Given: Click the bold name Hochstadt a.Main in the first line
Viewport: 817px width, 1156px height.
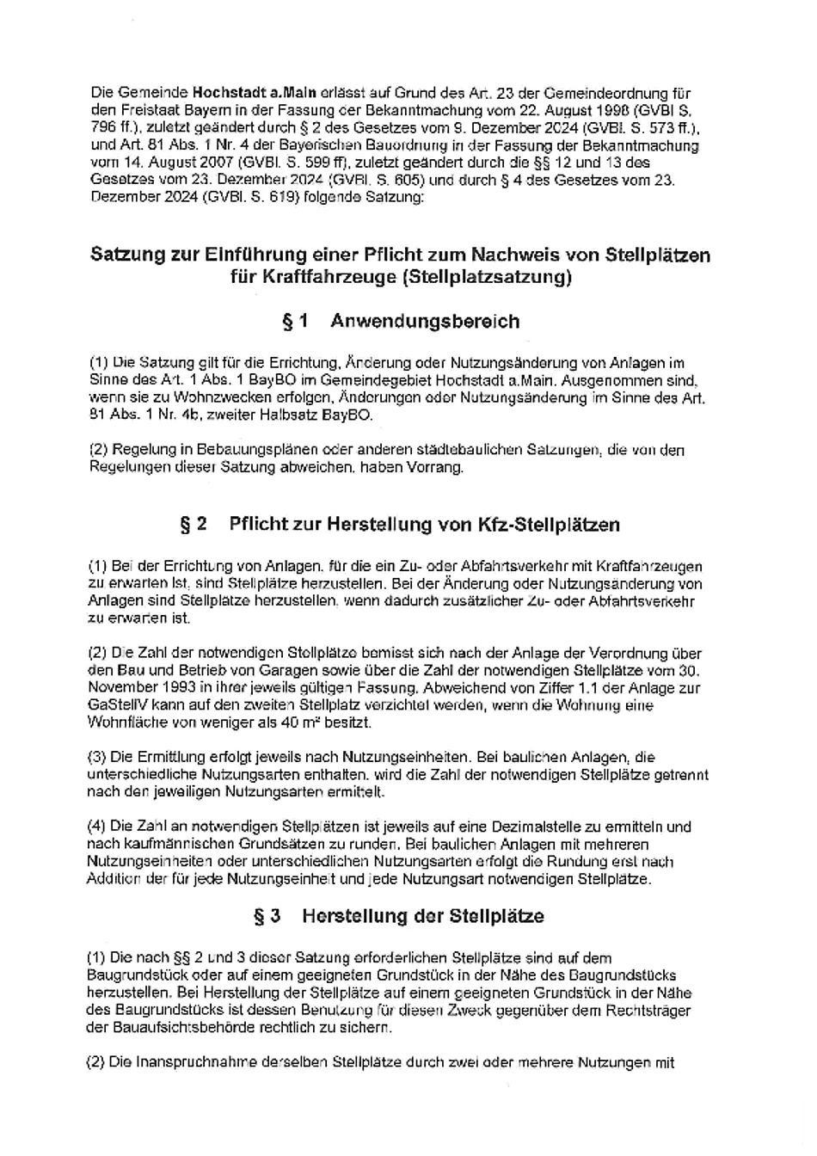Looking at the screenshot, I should (255, 93).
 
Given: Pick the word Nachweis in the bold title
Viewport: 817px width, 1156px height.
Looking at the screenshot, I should (511, 255).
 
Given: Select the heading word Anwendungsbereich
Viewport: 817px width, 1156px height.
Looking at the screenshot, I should (425, 322).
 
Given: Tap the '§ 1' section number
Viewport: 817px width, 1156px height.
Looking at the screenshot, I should (295, 322).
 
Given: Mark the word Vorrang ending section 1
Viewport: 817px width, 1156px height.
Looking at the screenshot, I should (438, 467).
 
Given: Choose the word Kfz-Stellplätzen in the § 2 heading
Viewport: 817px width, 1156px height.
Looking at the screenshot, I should (548, 525).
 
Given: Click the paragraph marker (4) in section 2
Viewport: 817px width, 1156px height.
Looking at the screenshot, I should (97, 827).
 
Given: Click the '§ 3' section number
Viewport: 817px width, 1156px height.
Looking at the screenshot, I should (267, 916).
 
